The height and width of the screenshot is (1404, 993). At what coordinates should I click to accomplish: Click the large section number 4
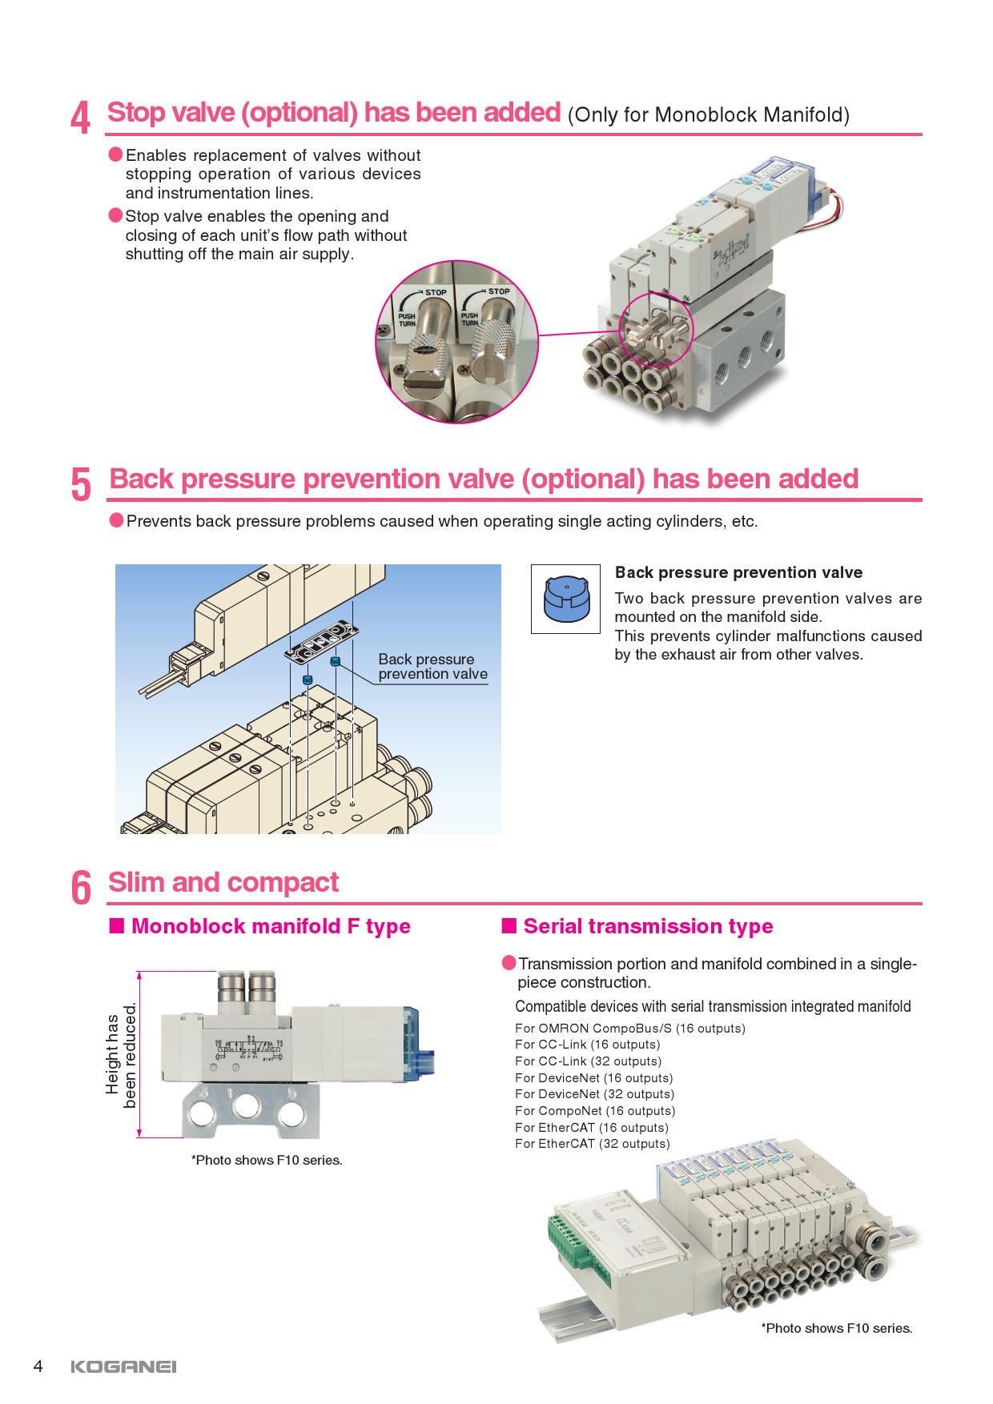(80, 119)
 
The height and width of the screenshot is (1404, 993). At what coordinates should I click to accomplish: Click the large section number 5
(81, 485)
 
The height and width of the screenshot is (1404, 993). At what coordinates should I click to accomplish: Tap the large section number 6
(81, 889)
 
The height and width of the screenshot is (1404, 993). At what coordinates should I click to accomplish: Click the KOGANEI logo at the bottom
(123, 1366)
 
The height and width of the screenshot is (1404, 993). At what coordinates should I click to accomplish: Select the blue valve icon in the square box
(565, 599)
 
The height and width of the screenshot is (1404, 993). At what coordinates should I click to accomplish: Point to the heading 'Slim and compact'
(223, 882)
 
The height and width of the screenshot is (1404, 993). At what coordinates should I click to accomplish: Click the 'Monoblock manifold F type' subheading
(270, 926)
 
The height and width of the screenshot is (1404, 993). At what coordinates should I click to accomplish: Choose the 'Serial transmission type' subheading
(647, 926)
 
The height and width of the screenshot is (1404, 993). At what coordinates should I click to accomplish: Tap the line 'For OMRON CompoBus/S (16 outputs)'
(629, 1028)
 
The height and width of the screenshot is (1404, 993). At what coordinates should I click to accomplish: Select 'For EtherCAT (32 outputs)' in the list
(592, 1143)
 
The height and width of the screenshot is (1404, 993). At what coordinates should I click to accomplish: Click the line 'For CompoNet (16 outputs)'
(595, 1110)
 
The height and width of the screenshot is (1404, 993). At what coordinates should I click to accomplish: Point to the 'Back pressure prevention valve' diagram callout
(432, 666)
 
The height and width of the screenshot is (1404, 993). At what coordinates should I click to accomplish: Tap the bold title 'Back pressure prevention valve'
(738, 572)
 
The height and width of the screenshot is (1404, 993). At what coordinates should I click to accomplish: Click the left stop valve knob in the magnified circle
(424, 344)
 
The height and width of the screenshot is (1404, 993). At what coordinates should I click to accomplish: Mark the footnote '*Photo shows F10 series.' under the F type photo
(266, 1160)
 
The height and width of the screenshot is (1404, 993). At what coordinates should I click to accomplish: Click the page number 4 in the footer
(38, 1366)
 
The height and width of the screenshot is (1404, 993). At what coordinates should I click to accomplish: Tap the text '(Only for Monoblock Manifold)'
(708, 114)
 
